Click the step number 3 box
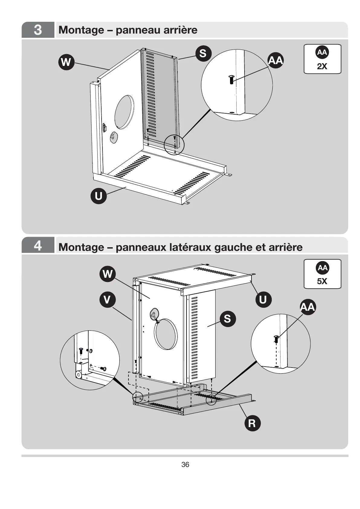[x=38, y=30]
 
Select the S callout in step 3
[x=203, y=53]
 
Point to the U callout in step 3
[x=99, y=196]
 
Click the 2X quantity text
[x=322, y=66]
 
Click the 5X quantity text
[x=322, y=281]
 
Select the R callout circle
[x=252, y=423]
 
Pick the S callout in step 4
[x=227, y=318]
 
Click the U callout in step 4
[x=263, y=300]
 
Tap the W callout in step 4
[x=108, y=274]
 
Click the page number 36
[x=185, y=465]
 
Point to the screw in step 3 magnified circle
[x=231, y=79]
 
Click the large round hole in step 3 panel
[x=124, y=112]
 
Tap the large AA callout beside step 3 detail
[x=275, y=60]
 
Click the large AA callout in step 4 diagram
[x=308, y=307]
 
